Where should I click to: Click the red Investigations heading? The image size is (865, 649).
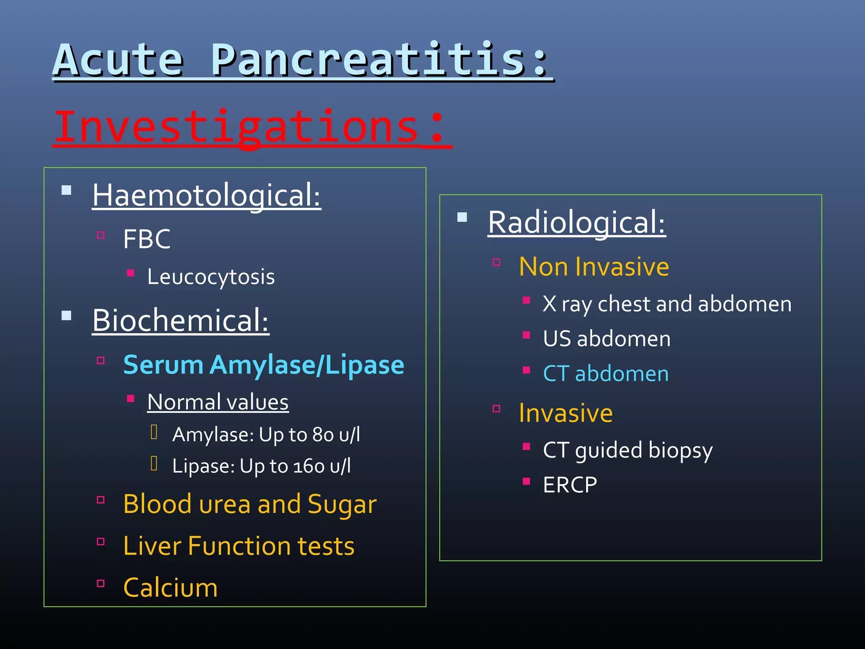pyautogui.click(x=249, y=127)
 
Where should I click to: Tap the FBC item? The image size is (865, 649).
pyautogui.click(x=147, y=239)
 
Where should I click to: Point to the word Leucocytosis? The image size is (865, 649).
pyautogui.click(x=211, y=277)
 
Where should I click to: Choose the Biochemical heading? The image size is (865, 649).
pyautogui.click(x=180, y=320)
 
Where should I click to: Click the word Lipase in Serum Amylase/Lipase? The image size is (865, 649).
pyautogui.click(x=364, y=364)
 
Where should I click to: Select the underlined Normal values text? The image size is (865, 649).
pyautogui.click(x=218, y=401)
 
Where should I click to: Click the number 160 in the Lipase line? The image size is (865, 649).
pyautogui.click(x=309, y=466)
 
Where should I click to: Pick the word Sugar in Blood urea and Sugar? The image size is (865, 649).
pyautogui.click(x=342, y=504)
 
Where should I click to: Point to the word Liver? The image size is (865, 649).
pyautogui.click(x=152, y=545)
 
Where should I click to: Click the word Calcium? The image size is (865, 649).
pyautogui.click(x=170, y=587)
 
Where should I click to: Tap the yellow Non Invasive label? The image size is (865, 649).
pyautogui.click(x=594, y=267)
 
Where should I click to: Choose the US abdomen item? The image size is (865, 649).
pyautogui.click(x=607, y=338)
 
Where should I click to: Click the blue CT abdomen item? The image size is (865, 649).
pyautogui.click(x=606, y=374)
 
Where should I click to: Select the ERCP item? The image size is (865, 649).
pyautogui.click(x=570, y=485)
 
